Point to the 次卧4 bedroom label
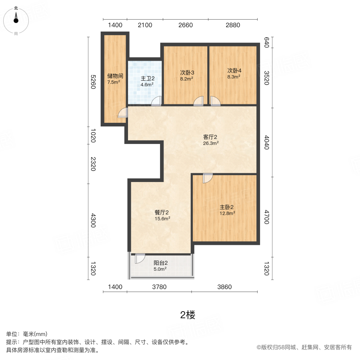click(234, 73)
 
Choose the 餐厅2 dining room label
click(162, 212)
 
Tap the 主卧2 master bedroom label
click(226, 207)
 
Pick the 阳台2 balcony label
click(160, 263)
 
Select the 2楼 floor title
click(188, 315)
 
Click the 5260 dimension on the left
click(92, 82)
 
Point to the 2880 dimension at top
click(233, 25)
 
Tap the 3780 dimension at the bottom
click(159, 287)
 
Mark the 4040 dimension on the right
click(267, 142)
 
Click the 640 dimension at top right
click(267, 42)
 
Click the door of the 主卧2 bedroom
click(208, 178)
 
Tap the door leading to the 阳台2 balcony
click(140, 258)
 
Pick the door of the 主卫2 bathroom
click(157, 101)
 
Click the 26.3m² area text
click(211, 143)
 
